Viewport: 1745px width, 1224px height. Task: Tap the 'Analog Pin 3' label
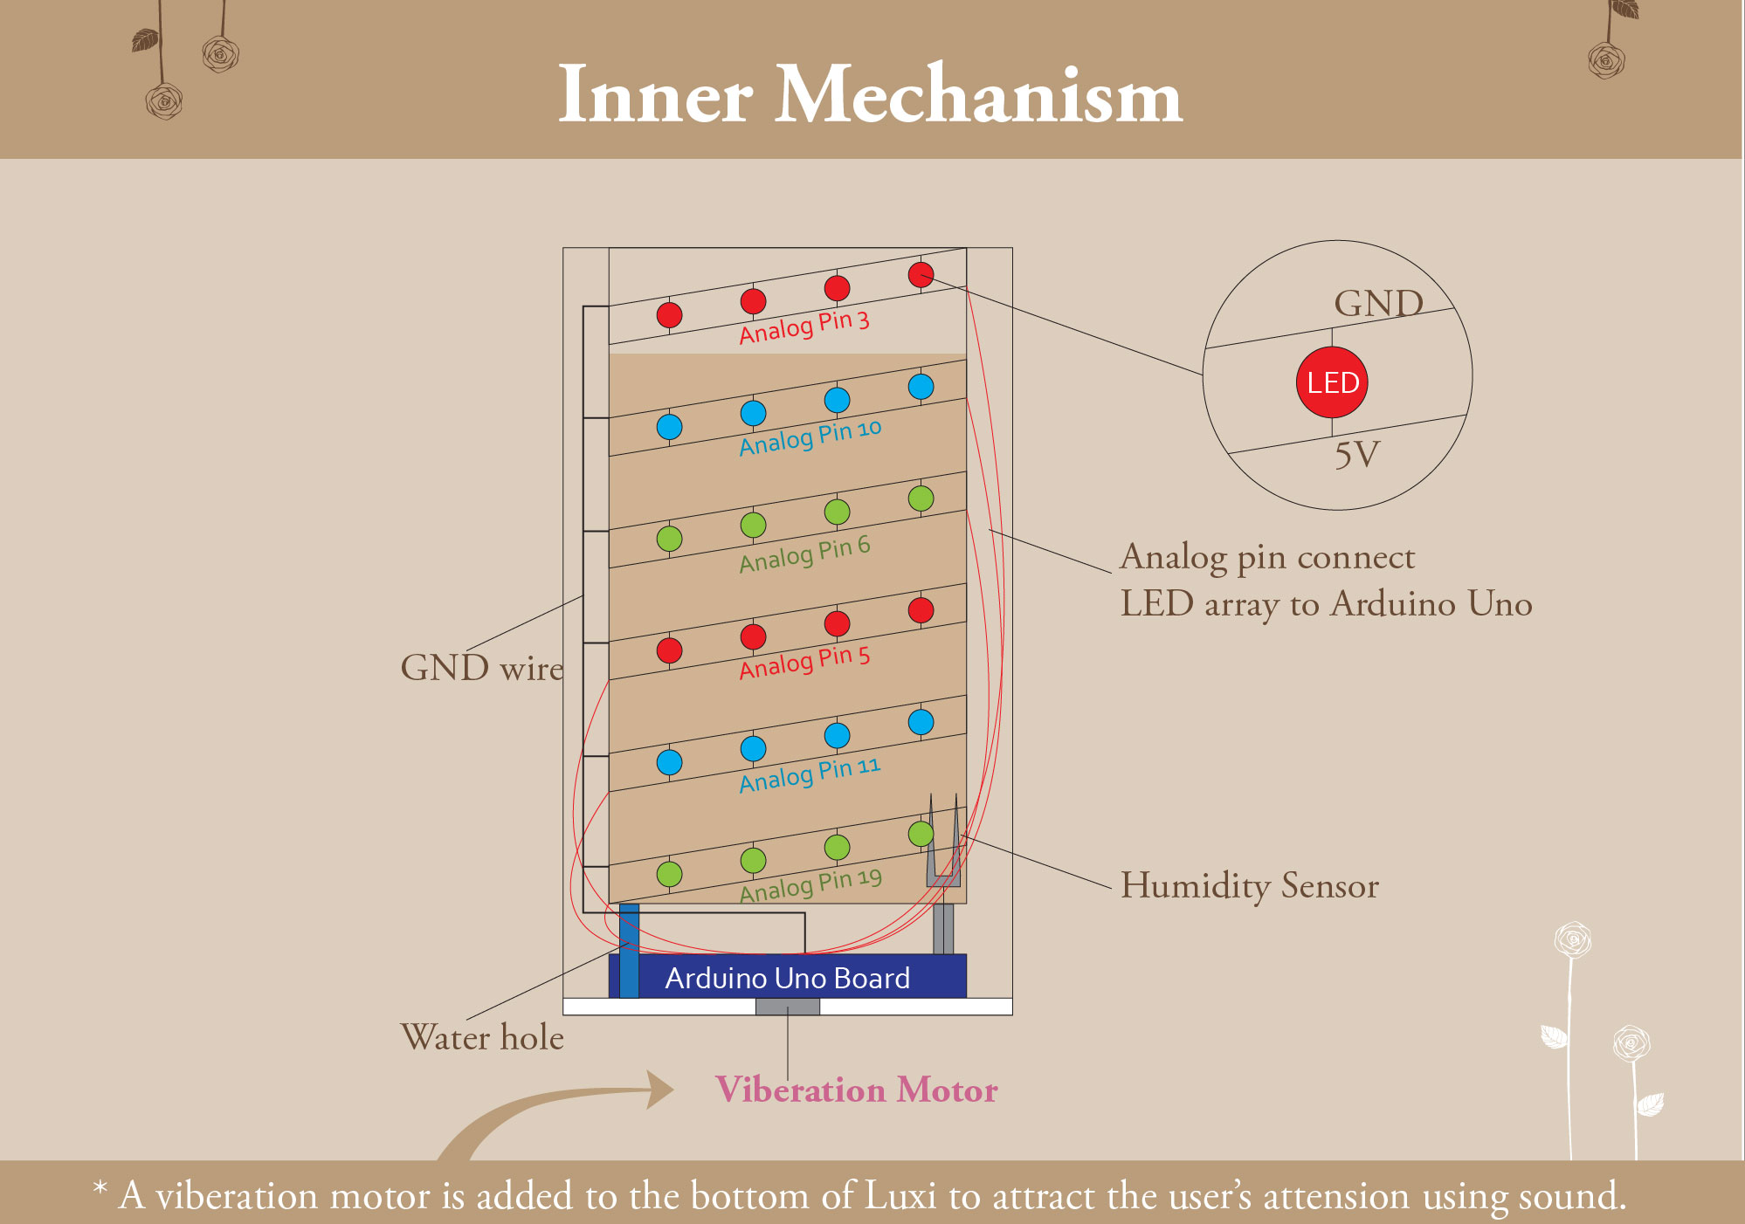[804, 327]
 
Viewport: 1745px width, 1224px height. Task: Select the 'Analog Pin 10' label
[810, 437]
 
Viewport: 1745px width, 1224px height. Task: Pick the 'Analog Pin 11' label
[810, 774]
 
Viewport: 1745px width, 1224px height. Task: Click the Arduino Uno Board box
[787, 977]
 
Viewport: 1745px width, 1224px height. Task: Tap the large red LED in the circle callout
[1332, 382]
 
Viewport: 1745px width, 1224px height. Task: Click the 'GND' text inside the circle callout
[1378, 304]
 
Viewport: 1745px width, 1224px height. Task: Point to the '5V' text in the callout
[1356, 455]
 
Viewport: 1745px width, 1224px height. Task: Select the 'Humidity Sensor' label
[1249, 885]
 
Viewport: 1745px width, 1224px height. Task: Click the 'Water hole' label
[482, 1037]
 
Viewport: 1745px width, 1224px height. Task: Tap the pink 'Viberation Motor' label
[856, 1090]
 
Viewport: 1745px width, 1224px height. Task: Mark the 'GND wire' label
[482, 668]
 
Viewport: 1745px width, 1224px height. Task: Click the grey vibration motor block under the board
[787, 1007]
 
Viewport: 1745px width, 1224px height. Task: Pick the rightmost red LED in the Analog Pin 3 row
[921, 275]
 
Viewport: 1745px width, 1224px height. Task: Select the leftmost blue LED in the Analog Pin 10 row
[669, 427]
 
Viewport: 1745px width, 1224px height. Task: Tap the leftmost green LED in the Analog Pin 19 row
[669, 874]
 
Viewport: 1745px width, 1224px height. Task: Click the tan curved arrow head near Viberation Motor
[659, 1090]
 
